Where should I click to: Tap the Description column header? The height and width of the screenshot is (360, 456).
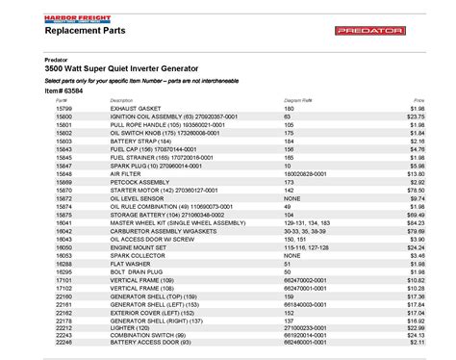pyautogui.click(x=121, y=100)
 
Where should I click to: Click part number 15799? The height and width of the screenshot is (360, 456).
pyautogui.click(x=64, y=109)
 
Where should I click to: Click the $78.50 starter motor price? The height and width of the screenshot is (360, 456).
pyautogui.click(x=416, y=191)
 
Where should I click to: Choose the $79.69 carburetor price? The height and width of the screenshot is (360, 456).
pyautogui.click(x=416, y=232)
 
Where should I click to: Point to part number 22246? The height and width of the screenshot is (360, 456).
pyautogui.click(x=64, y=341)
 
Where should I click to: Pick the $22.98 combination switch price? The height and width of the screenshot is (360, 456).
pyautogui.click(x=416, y=332)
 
